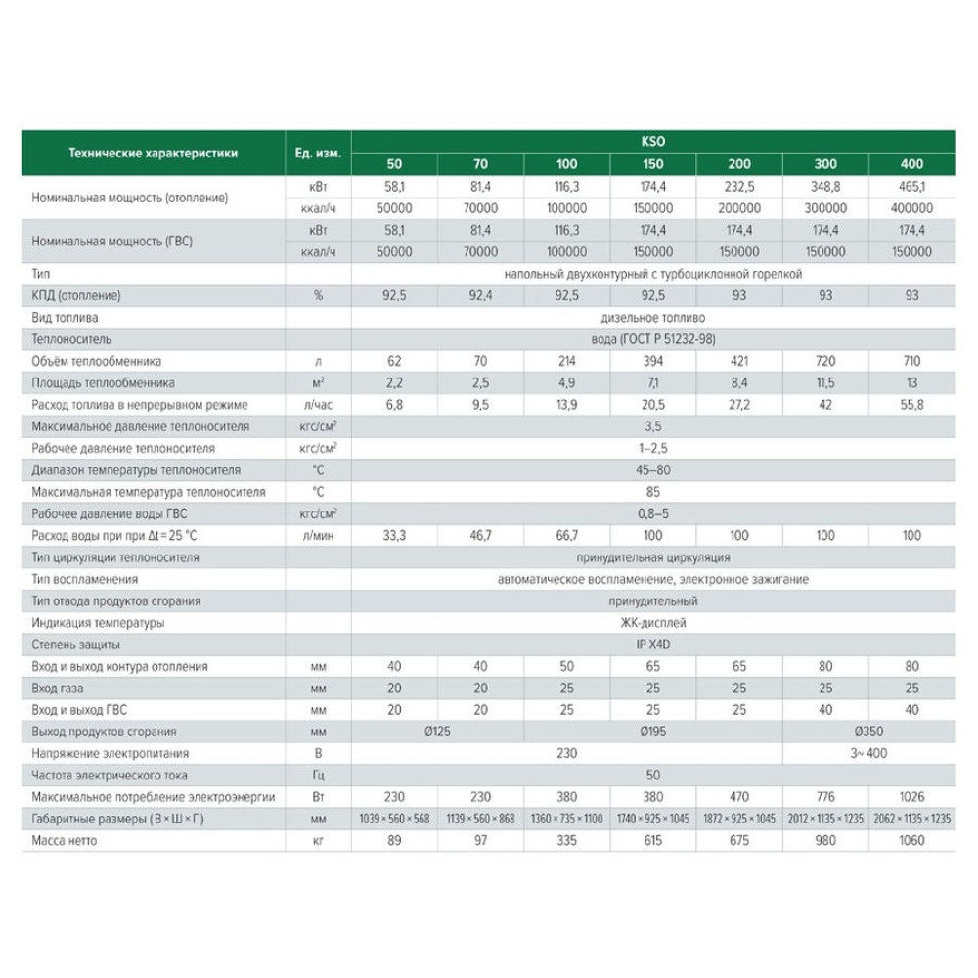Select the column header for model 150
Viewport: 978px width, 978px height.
pyautogui.click(x=653, y=163)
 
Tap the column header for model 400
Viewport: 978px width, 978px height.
pyautogui.click(x=911, y=163)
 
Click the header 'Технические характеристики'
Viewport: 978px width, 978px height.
pyautogui.click(x=153, y=153)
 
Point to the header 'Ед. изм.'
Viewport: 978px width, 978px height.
pyautogui.click(x=318, y=153)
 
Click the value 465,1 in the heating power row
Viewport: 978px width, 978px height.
pyautogui.click(x=911, y=186)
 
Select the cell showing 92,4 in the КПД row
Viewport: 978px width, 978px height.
pyautogui.click(x=481, y=295)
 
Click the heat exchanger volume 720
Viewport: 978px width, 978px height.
pyautogui.click(x=825, y=361)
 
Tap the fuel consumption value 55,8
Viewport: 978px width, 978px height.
pyautogui.click(x=911, y=405)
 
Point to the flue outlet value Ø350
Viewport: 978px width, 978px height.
pyautogui.click(x=868, y=732)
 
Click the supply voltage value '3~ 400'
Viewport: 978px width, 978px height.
pyautogui.click(x=868, y=753)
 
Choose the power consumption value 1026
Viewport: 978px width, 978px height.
pyautogui.click(x=911, y=797)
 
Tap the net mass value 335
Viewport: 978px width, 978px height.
pyautogui.click(x=567, y=840)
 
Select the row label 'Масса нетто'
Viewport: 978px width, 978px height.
pyautogui.click(x=67, y=840)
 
